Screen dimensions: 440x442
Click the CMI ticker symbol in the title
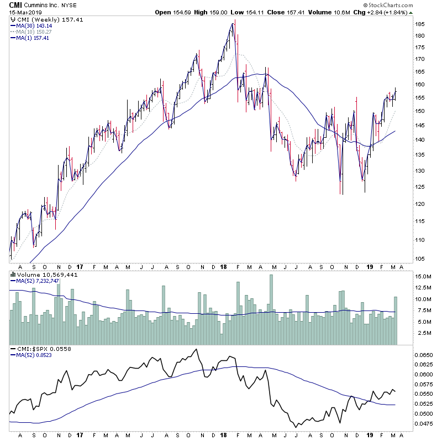(x=15, y=4)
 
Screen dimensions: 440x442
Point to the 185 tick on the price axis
(x=422, y=24)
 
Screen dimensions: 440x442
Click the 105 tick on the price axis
(x=422, y=259)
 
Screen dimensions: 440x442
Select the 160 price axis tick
(x=422, y=85)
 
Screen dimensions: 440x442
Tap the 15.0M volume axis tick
(x=423, y=276)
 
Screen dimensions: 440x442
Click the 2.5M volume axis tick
(x=423, y=333)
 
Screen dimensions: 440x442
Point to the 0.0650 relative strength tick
(x=424, y=355)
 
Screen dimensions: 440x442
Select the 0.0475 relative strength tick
(x=424, y=425)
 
